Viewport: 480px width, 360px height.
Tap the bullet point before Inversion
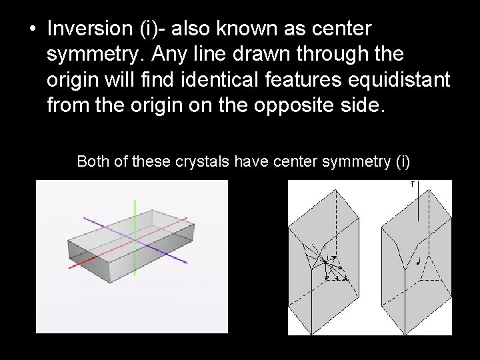[x=32, y=31]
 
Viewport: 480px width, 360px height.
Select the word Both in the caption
[x=92, y=161]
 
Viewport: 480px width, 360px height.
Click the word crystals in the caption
[x=200, y=161]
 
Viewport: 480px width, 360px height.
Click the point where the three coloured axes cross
[x=135, y=239]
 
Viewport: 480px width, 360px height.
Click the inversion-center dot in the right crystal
[x=417, y=263]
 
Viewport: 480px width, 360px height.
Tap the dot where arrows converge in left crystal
[x=326, y=262]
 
